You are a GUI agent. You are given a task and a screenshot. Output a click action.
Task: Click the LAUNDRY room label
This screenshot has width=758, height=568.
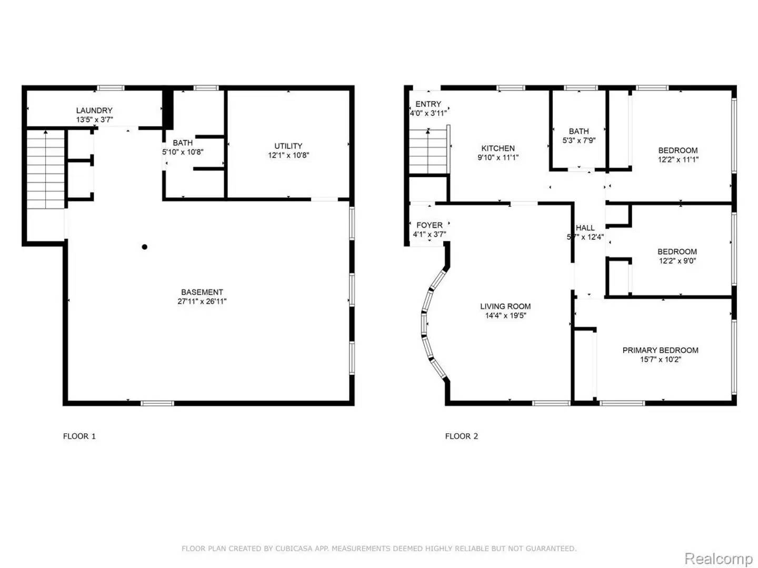(x=94, y=110)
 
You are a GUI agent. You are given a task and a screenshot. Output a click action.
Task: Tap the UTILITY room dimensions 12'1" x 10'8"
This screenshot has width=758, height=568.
(x=288, y=156)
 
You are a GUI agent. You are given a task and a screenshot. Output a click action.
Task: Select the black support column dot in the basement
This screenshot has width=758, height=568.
(x=144, y=247)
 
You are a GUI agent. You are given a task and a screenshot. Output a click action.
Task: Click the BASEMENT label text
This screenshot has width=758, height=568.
(x=202, y=292)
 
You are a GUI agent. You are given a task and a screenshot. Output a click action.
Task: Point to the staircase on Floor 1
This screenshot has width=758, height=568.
(x=46, y=169)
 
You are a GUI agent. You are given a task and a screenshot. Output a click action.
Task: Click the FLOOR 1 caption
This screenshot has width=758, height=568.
(x=79, y=436)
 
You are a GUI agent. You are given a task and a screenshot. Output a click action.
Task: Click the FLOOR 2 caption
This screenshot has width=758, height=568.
(x=462, y=436)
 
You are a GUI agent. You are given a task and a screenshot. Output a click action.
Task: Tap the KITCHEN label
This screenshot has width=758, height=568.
(x=498, y=148)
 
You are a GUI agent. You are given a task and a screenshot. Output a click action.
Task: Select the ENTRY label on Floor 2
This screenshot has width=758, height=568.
(x=428, y=104)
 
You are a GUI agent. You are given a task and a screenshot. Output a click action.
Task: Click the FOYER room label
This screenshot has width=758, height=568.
(x=430, y=225)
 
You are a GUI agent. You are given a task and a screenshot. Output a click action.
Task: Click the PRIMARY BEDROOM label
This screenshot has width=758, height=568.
(x=661, y=350)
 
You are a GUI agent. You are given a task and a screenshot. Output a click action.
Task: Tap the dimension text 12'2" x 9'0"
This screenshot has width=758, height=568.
(x=677, y=261)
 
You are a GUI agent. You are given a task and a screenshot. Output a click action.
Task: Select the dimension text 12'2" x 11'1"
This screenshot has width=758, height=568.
(x=678, y=159)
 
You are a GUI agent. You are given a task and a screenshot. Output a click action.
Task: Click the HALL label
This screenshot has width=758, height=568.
(x=585, y=228)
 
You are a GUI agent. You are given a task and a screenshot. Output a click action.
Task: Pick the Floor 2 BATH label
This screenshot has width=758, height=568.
(x=579, y=131)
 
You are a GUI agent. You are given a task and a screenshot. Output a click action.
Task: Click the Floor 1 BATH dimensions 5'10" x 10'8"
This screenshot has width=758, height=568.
(x=183, y=152)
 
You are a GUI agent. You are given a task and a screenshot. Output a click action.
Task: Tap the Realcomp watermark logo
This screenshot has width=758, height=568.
(x=718, y=558)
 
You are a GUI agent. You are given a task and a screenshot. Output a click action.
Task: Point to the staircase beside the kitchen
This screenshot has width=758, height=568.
(x=429, y=151)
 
